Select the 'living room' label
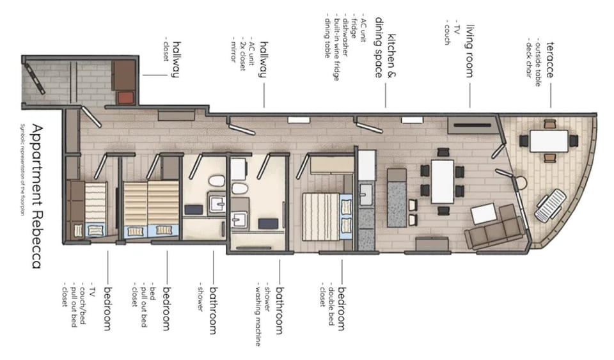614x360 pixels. [x=470, y=51]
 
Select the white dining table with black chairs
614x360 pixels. [x=442, y=181]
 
